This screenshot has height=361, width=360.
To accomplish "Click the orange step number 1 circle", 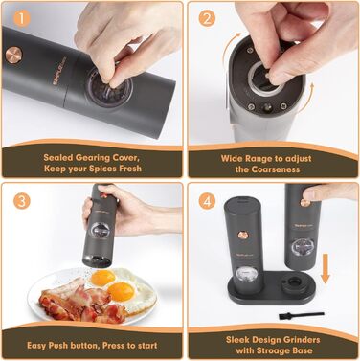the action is [x=21, y=19].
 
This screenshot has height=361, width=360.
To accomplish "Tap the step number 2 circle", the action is [x=207, y=19].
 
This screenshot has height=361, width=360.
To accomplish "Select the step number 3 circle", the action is [x=21, y=201].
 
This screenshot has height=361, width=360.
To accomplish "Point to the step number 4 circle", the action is [x=207, y=201].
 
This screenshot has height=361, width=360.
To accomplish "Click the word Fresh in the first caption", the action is [x=125, y=169].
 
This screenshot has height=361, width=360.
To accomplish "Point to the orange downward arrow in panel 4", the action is [x=326, y=268].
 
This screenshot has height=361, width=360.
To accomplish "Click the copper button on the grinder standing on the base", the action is [x=243, y=236].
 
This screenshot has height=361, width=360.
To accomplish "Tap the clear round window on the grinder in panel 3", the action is [x=100, y=230].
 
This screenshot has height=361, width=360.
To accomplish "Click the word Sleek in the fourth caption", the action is [x=238, y=339].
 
